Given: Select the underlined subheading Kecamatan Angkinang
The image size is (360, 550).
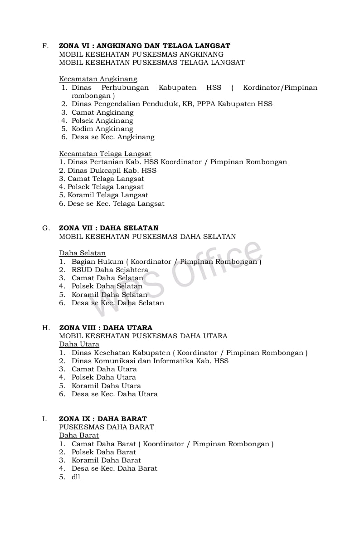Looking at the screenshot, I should (98, 79).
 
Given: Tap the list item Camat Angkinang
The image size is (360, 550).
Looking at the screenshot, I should (102, 112).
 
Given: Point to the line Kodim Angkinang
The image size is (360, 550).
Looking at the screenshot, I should (102, 129).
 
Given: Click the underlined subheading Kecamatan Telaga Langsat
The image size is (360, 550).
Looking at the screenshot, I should (105, 154).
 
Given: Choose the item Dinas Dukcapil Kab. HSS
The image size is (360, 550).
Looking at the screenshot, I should (112, 170).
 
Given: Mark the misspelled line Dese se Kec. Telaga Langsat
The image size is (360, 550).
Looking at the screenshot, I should (116, 204).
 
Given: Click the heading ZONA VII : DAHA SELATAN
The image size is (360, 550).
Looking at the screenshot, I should (109, 228).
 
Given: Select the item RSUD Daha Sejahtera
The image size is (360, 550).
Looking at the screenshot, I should (110, 270).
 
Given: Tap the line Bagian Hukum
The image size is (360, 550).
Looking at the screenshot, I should (97, 262).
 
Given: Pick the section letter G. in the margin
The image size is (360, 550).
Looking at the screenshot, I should (46, 228).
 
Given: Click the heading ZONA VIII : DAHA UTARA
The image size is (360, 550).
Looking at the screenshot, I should (106, 328).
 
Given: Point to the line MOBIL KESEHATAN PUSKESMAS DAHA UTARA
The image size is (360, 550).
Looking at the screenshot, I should (143, 336).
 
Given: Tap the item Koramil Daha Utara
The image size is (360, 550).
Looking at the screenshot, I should (106, 386).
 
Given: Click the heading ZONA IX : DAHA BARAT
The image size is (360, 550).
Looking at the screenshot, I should (103, 419).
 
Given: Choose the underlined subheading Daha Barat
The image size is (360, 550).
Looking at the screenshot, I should (79, 435).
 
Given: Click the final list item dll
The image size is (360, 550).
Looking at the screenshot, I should (76, 477).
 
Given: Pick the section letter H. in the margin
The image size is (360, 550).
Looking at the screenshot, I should (46, 328).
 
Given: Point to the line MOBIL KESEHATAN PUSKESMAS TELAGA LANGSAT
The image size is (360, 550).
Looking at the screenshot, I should (152, 63).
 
